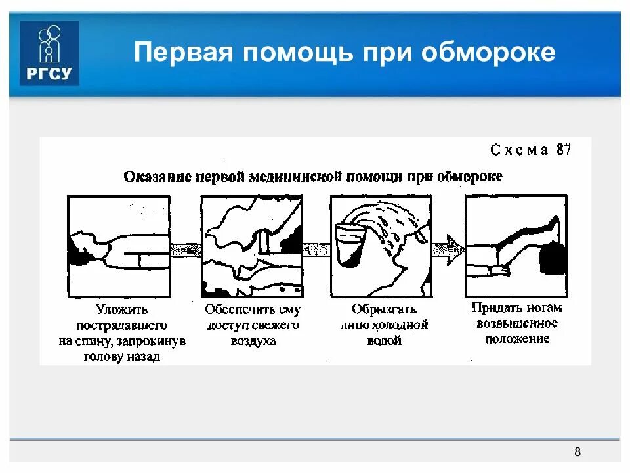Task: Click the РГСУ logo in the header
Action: click(49, 53)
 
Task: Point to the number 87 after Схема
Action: click(564, 149)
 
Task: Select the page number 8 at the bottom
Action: click(577, 452)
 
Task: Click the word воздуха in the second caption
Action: click(253, 341)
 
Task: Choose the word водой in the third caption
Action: click(384, 341)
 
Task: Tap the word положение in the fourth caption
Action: click(517, 339)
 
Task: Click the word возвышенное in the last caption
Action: click(517, 323)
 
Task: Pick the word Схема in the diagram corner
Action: click(519, 150)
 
